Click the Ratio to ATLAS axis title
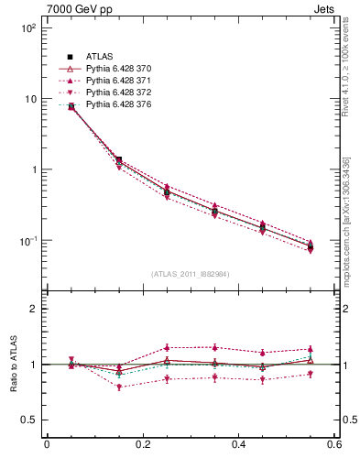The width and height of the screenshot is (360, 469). (x=12, y=365)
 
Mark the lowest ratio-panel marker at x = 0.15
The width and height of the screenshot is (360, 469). (x=119, y=387)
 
